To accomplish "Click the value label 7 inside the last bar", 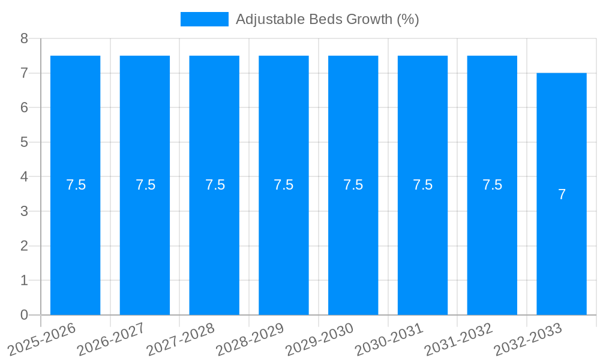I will click(x=562, y=194).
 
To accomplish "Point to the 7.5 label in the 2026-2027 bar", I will click(x=145, y=185).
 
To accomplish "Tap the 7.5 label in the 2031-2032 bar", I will click(x=492, y=185).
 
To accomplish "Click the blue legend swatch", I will click(x=204, y=19).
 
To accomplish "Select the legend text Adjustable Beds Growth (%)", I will click(x=327, y=19).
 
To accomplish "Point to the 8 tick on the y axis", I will click(x=25, y=38).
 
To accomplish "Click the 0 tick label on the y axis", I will click(x=25, y=315).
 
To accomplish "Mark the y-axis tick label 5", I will click(x=25, y=142).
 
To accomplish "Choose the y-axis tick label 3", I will click(x=25, y=211).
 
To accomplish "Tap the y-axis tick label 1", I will click(x=25, y=280).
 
